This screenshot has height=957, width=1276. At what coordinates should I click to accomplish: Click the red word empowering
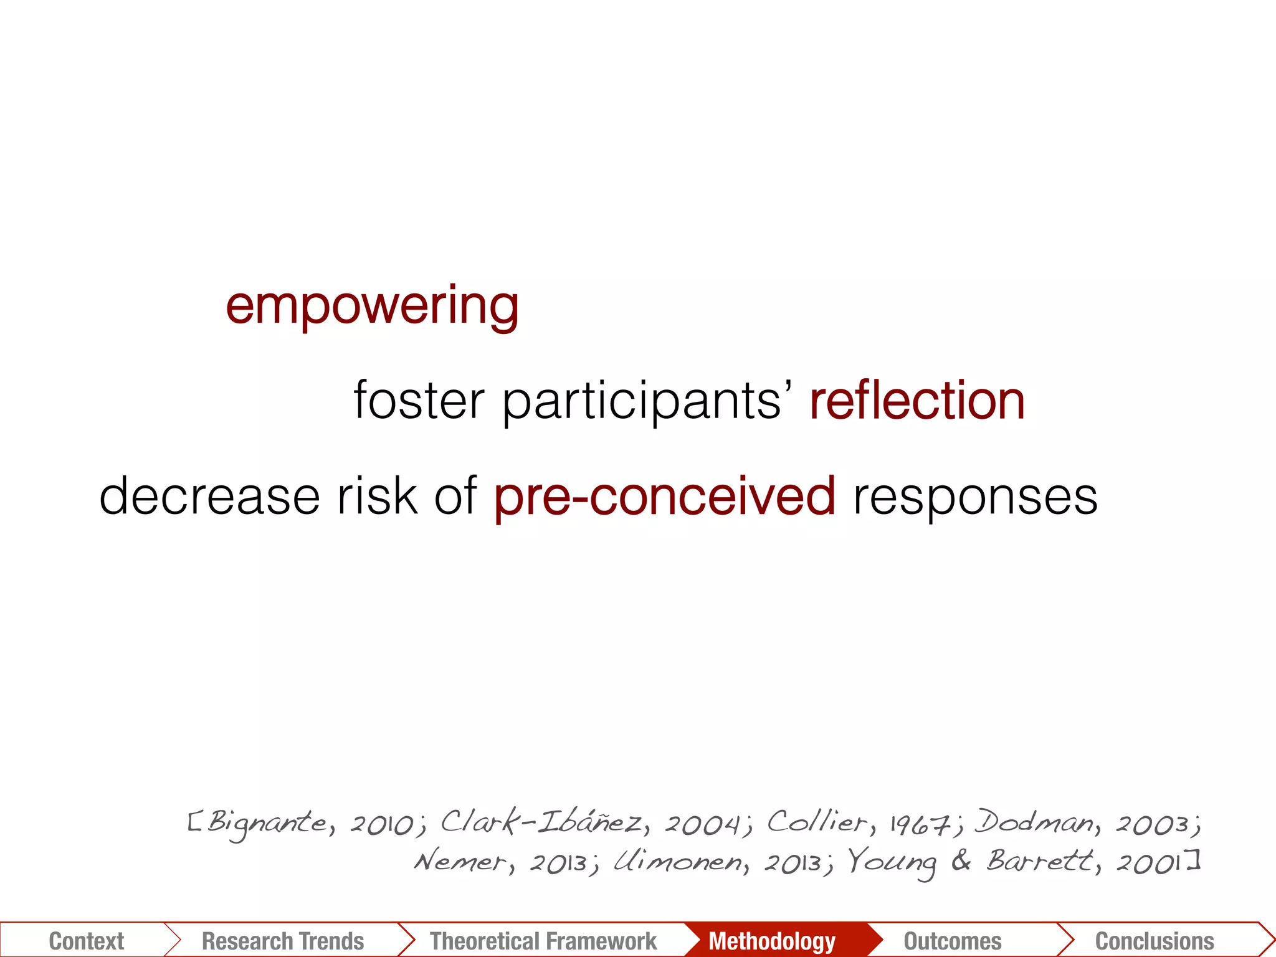click(x=372, y=306)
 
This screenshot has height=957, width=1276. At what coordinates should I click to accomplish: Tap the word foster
click(x=419, y=400)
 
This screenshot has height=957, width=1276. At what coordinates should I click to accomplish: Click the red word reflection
click(x=917, y=400)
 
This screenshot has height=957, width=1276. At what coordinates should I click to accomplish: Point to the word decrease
click(x=209, y=496)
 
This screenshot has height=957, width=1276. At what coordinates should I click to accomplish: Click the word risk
click(x=377, y=496)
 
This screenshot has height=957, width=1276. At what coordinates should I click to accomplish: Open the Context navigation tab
click(x=86, y=941)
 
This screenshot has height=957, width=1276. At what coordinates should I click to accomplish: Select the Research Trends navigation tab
click(x=283, y=941)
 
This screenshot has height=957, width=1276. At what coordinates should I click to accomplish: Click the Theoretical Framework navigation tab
click(x=543, y=941)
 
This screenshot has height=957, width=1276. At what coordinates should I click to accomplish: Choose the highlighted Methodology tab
click(x=771, y=941)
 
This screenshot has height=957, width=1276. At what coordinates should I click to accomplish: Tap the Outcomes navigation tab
click(x=953, y=941)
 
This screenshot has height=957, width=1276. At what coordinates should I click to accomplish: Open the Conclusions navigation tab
click(x=1155, y=941)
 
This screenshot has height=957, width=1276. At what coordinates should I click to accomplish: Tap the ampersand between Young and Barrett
click(x=961, y=861)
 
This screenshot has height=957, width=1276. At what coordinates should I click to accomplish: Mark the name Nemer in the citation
click(x=461, y=862)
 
